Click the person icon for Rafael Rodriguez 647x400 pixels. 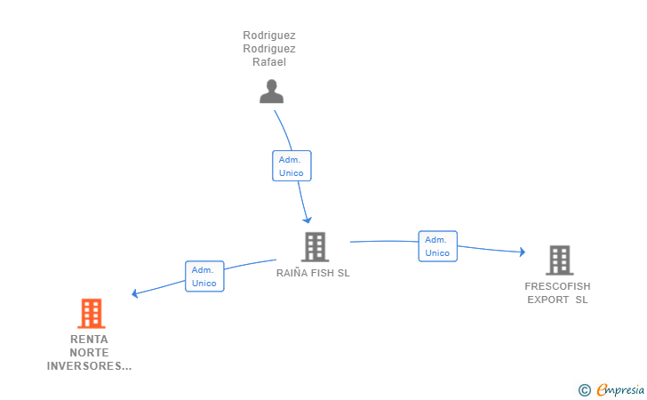click(272, 92)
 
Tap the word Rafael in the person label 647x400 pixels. click(269, 62)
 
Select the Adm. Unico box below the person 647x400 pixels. click(292, 166)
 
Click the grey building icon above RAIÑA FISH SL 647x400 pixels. click(316, 247)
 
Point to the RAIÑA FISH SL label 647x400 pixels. click(313, 273)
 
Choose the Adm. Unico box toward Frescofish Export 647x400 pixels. click(438, 246)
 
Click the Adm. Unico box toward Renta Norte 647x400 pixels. click(204, 276)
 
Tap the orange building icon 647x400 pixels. click(92, 313)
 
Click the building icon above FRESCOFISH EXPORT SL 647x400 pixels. click(560, 260)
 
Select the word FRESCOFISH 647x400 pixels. click(557, 286)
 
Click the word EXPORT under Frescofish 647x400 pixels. click(548, 300)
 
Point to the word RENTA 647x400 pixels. click(89, 340)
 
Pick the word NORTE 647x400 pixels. click(89, 353)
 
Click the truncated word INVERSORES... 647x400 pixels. click(89, 366)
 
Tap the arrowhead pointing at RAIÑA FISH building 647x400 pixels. click(308, 220)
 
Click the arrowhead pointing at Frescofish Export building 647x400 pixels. click(523, 252)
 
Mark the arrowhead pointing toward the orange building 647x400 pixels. click(134, 293)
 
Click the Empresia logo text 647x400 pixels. click(620, 389)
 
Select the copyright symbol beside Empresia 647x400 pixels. click(585, 390)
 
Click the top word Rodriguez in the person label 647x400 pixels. click(269, 36)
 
